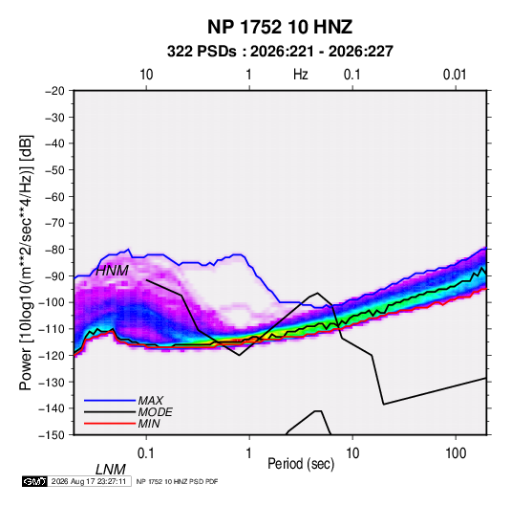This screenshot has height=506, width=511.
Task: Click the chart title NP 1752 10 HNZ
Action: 280,27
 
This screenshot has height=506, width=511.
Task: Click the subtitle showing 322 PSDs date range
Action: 280,52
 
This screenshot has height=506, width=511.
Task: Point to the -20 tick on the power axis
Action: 54,91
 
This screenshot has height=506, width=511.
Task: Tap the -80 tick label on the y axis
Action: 54,250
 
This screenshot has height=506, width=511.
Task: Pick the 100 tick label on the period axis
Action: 456,453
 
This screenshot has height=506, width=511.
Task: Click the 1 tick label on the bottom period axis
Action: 249,453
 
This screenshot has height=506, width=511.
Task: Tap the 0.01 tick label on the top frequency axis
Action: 455,75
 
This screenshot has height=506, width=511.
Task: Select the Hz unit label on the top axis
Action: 301,75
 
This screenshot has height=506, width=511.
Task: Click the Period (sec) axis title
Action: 301,464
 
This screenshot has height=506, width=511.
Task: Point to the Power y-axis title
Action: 26,262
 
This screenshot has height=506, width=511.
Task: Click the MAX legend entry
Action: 151,400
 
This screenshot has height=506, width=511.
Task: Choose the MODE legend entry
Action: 155,412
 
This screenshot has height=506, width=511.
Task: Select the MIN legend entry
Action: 149,424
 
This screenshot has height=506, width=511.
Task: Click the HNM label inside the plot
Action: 112,271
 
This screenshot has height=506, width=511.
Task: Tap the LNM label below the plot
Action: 111,470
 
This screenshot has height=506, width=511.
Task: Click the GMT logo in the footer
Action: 34,481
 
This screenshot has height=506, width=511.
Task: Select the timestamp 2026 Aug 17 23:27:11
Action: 89,481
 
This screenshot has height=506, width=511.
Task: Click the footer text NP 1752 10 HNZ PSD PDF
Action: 177,481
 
